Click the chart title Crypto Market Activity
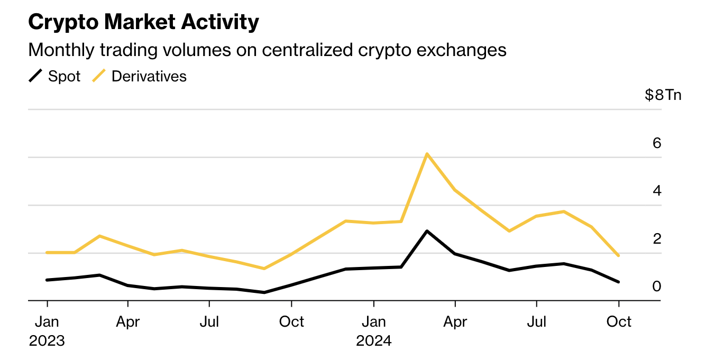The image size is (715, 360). pos(143,22)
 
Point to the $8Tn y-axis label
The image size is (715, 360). pos(663,95)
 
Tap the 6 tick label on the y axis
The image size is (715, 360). pos(657,143)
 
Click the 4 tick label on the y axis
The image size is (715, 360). pos(657,190)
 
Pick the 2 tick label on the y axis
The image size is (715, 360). pos(657,238)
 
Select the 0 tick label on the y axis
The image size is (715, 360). pos(657,286)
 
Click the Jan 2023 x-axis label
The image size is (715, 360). pos(47,331)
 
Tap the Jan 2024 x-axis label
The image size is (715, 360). pos(374,331)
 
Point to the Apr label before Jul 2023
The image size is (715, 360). pos(128,321)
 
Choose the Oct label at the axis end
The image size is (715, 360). pos(619,321)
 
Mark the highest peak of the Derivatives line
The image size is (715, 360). pos(427,154)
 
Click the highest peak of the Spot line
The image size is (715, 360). pos(427,231)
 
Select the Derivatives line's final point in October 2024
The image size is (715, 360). pos(618,255)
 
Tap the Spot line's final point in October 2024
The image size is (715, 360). pos(618,282)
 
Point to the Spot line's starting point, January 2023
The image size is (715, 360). pos(47,280)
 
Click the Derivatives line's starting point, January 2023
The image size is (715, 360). pos(47,253)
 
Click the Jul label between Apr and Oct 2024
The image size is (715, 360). pos(537,321)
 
